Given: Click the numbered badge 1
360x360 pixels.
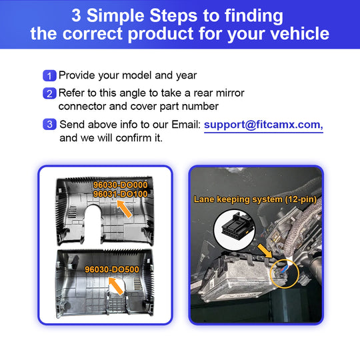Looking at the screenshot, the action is coord(49,75).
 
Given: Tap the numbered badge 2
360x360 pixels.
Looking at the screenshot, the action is coord(49,93).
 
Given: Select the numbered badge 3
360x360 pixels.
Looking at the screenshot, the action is coord(49,125).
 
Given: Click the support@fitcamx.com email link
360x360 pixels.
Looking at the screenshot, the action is coord(263,125).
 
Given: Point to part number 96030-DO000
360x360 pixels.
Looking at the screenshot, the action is coord(120,185).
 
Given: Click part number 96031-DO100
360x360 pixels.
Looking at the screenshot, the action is coord(120,194).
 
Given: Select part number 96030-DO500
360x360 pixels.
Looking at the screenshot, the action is coord(112,269).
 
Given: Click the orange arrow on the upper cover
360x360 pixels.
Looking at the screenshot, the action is coord(125,209).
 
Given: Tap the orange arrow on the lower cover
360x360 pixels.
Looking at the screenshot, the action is coord(116,286).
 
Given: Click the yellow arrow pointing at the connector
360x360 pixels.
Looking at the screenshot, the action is coord(265,251).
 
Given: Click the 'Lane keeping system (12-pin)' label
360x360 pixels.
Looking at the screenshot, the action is coord(255,199).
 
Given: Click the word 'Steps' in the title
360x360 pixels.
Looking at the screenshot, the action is coord(173,15).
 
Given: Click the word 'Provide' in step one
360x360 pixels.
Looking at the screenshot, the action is coord(77,76).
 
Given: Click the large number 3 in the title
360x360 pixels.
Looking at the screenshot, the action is coord(77,15).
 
